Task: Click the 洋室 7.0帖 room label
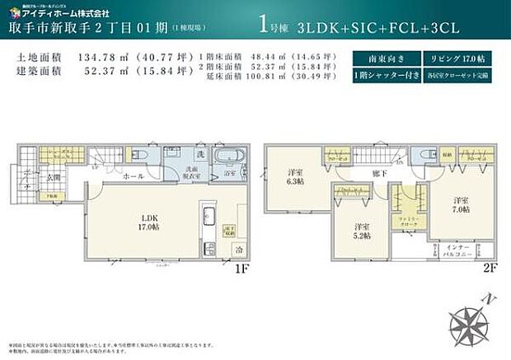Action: coord(459,204)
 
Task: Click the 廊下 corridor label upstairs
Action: coord(377,174)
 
